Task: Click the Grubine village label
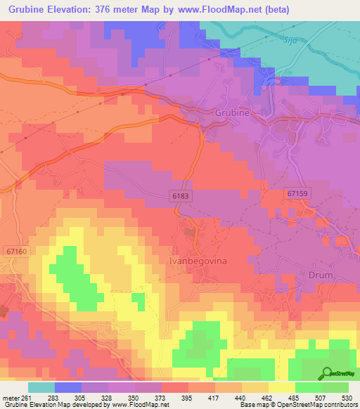click(232, 112)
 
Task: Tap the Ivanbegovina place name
click(197, 260)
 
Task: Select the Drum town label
click(321, 275)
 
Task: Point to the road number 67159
click(303, 192)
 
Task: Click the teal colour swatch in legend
click(41, 387)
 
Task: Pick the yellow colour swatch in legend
click(281, 387)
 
